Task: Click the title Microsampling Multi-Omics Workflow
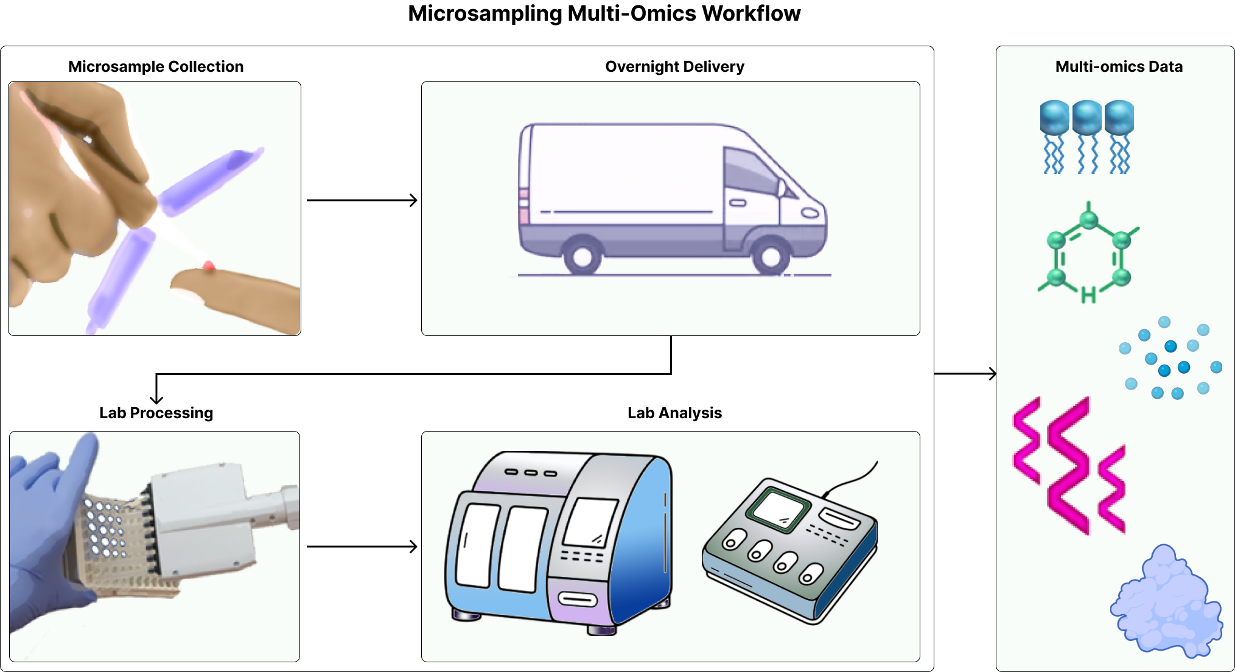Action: point(604,13)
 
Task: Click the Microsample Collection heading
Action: point(156,66)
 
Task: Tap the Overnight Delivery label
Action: point(674,66)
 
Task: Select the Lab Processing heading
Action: point(156,413)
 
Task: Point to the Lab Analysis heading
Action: point(674,413)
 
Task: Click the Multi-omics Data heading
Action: point(1119,66)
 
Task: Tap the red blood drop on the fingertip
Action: point(209,265)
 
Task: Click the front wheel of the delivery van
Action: point(771,256)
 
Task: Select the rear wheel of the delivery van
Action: point(583,256)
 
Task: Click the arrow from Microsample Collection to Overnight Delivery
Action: point(362,200)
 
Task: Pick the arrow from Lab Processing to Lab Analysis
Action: point(362,547)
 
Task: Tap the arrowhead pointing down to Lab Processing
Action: point(156,398)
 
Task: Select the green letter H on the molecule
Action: point(1088,295)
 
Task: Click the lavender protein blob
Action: point(1166,606)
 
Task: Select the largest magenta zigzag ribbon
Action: point(1068,466)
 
